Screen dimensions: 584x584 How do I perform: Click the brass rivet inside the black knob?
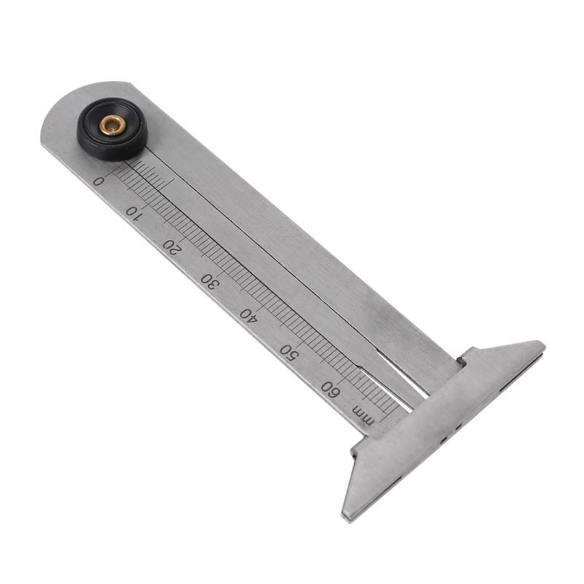(112, 126)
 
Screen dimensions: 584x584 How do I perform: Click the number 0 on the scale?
(99, 180)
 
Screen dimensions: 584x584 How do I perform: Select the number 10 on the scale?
(133, 212)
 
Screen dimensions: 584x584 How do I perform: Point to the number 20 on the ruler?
(172, 247)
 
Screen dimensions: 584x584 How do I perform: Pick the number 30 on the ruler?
(210, 280)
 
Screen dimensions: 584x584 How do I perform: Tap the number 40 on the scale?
(249, 315)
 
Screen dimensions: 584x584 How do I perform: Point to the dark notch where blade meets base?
(461, 360)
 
